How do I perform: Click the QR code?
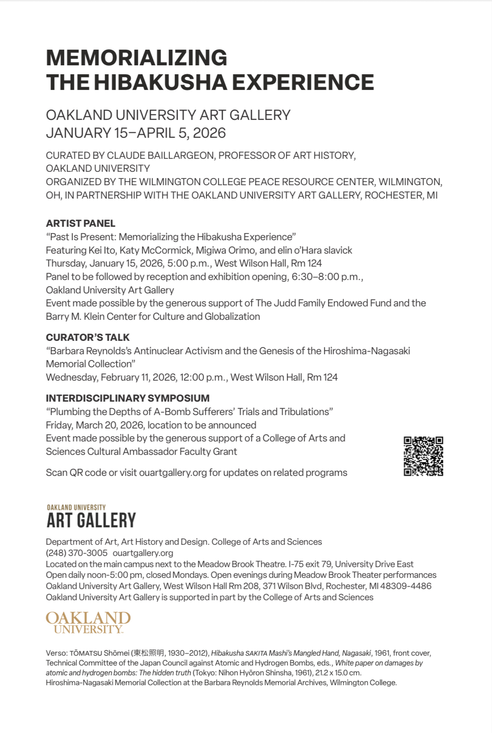point(423,456)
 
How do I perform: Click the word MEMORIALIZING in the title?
point(136,58)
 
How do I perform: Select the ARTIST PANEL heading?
point(81,223)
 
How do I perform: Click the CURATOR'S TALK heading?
point(88,337)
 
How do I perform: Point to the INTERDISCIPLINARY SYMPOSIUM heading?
point(127,398)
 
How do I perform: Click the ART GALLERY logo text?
point(91,520)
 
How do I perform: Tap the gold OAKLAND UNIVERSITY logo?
point(88,622)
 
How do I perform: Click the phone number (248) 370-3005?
point(76,553)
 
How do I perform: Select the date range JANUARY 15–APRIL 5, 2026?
point(136,133)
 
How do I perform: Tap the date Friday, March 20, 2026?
point(95,425)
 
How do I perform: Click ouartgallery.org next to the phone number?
point(143,553)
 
